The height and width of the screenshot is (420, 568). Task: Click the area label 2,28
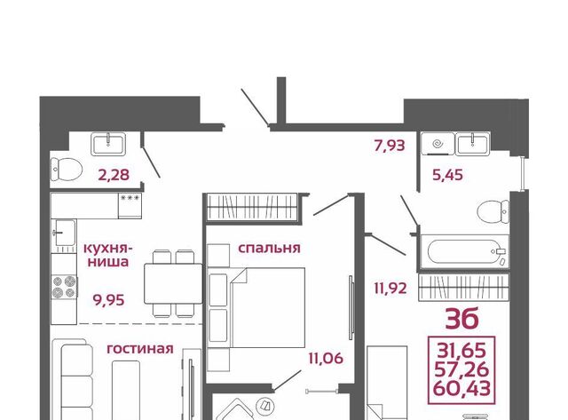114,175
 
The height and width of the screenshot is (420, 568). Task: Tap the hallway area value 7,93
390,146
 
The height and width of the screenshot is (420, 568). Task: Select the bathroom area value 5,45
448,176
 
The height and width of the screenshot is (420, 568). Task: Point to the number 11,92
390,289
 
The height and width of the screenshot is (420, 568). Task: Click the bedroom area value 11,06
326,359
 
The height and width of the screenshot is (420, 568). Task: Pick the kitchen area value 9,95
108,300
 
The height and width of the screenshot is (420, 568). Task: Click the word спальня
269,249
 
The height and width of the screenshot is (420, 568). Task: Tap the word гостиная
140,349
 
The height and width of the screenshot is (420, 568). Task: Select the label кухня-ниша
108,255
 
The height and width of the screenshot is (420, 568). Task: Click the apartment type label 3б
461,319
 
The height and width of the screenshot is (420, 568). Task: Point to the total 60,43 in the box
461,388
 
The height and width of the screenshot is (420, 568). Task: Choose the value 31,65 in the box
461,350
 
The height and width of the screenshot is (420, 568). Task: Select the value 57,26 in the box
461,369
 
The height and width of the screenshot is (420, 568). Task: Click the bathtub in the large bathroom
464,252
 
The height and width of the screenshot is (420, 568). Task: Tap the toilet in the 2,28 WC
67,170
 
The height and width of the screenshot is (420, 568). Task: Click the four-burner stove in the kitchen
64,287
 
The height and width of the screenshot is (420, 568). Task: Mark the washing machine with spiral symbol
438,144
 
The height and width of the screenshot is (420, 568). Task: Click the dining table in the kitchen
173,283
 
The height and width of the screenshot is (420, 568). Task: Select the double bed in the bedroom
267,307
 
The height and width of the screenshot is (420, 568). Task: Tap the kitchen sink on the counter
64,233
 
